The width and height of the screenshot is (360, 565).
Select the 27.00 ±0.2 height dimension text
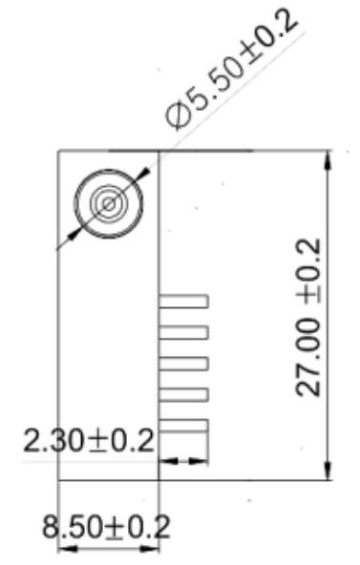tap(308, 317)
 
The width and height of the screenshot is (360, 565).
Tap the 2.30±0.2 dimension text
tap(89, 441)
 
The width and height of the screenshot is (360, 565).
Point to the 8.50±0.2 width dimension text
tap(106, 527)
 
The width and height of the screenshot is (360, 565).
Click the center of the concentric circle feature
tap(109, 204)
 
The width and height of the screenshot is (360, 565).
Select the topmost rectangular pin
tap(183, 302)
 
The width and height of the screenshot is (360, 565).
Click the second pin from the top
tap(183, 332)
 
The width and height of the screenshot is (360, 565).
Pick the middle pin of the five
tap(183, 364)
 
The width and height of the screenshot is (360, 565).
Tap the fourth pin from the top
tap(183, 394)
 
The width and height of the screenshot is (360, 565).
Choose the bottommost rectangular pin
tap(183, 426)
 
